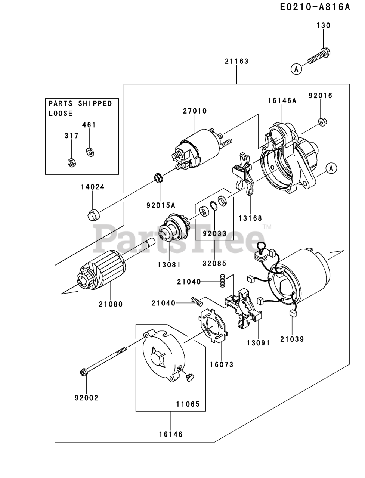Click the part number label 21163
[236, 61]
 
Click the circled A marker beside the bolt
[296, 69]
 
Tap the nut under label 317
[70, 162]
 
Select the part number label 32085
[214, 263]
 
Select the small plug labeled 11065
[190, 378]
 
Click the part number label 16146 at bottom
[171, 434]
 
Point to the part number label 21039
[292, 339]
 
